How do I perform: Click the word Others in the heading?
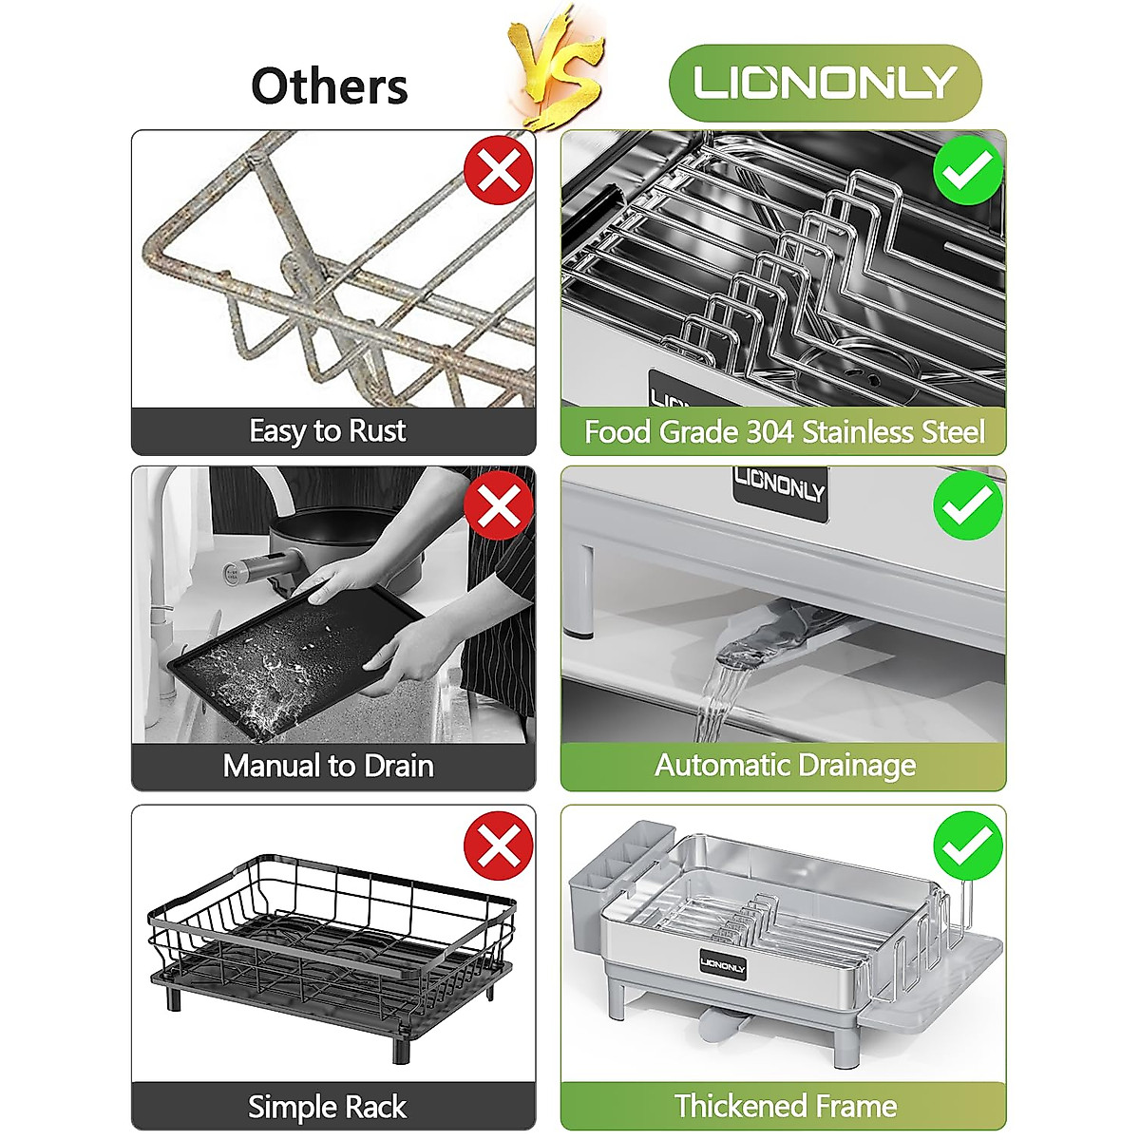tap(330, 85)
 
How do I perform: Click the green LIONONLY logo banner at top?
tap(826, 83)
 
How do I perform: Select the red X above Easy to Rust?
tap(499, 170)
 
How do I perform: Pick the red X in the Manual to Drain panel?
tap(499, 505)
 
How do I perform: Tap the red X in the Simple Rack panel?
tap(499, 845)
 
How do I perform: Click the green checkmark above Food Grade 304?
tap(968, 170)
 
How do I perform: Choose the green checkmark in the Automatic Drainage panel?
tap(968, 505)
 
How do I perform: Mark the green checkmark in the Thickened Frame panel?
tap(968, 845)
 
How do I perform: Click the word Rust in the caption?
tap(377, 430)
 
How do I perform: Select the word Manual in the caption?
tap(273, 766)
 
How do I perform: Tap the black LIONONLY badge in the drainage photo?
tap(780, 493)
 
